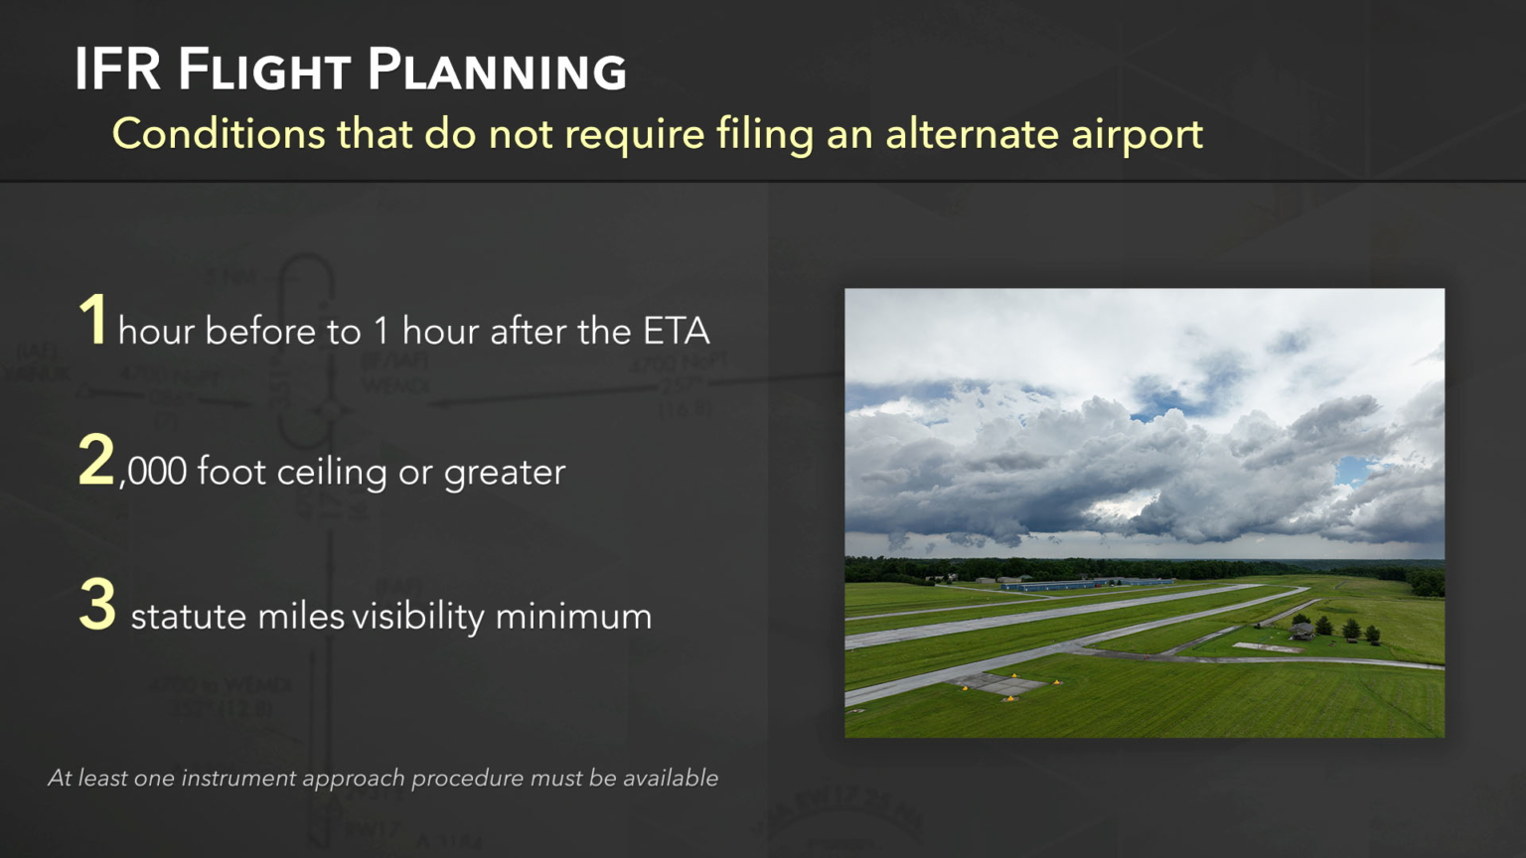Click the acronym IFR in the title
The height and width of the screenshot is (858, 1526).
click(x=117, y=70)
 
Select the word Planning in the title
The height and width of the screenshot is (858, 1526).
click(x=497, y=71)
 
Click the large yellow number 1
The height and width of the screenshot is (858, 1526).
click(x=93, y=320)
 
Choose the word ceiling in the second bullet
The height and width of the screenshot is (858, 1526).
click(x=332, y=472)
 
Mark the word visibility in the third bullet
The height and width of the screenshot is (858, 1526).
click(x=418, y=616)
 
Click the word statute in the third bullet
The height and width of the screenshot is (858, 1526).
click(x=189, y=616)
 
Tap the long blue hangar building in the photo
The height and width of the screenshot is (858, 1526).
click(x=1083, y=585)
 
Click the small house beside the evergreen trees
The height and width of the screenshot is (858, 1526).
click(x=1301, y=630)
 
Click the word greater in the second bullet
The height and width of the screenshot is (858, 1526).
click(x=504, y=473)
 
